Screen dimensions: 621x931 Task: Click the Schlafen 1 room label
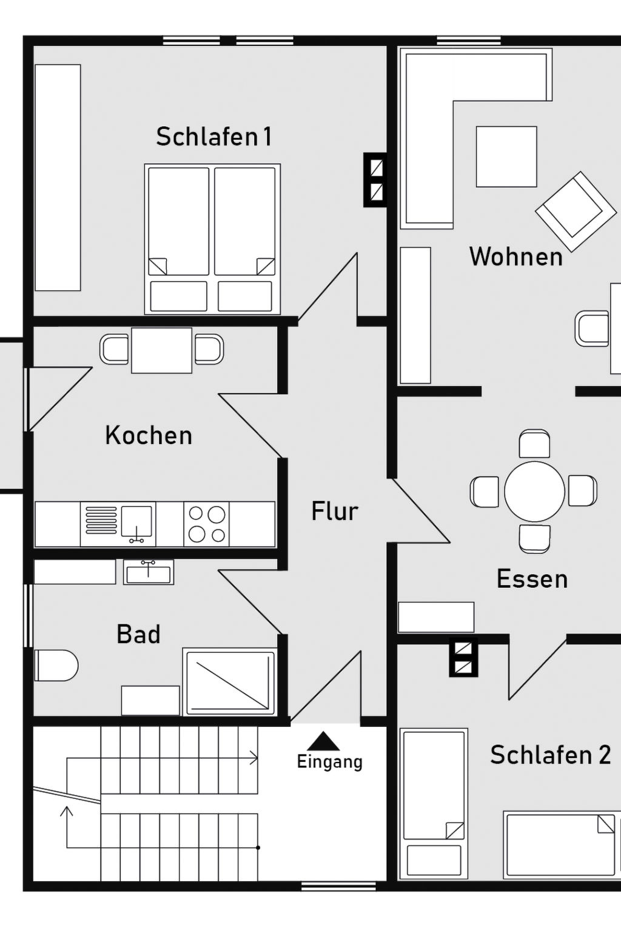pyautogui.click(x=214, y=136)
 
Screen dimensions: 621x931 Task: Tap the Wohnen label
pyautogui.click(x=515, y=256)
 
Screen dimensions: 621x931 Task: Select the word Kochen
pyautogui.click(x=149, y=435)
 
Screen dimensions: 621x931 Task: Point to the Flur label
pyautogui.click(x=334, y=511)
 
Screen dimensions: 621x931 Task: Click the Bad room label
pyautogui.click(x=138, y=634)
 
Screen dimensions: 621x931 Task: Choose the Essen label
pyautogui.click(x=532, y=579)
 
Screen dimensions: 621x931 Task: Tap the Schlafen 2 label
pyautogui.click(x=550, y=755)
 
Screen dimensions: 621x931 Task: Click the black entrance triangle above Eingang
pyautogui.click(x=324, y=741)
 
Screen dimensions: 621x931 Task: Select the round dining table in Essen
pyautogui.click(x=534, y=492)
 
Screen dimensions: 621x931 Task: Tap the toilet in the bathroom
pyautogui.click(x=56, y=665)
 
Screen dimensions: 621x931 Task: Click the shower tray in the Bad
pyautogui.click(x=230, y=682)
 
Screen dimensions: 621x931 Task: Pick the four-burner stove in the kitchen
pyautogui.click(x=206, y=524)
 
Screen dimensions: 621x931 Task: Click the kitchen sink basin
pyautogui.click(x=136, y=521)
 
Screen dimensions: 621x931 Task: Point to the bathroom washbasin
pyautogui.click(x=149, y=572)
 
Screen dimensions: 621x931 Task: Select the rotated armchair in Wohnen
pyautogui.click(x=576, y=212)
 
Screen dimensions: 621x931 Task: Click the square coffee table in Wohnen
pyautogui.click(x=506, y=157)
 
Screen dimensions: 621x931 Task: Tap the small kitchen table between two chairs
pyautogui.click(x=162, y=350)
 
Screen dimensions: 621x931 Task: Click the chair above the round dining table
pyautogui.click(x=534, y=444)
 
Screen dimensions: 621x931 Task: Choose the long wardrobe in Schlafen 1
pyautogui.click(x=58, y=178)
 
